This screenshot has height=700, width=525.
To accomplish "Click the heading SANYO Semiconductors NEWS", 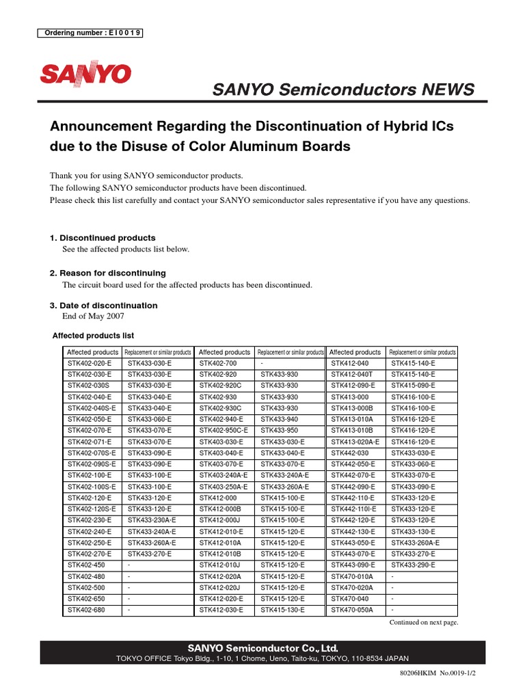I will point(343,90).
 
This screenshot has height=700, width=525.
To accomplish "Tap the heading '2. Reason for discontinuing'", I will point(107,273).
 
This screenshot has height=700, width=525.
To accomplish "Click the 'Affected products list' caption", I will point(94,336).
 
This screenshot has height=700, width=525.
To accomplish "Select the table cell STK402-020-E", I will point(90,364).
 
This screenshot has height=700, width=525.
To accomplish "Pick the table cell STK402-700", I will point(218,364).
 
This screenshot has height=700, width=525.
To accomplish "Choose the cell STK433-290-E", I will point(413,565).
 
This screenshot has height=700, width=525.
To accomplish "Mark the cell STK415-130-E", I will point(283,609).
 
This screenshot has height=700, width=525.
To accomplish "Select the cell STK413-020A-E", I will point(355,442).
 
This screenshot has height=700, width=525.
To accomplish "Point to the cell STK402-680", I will point(86,609).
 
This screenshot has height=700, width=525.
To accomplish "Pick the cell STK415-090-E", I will point(413,386).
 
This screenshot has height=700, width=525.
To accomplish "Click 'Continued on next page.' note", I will point(423,623).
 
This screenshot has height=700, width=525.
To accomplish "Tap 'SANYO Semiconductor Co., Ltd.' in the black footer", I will point(262,647).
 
